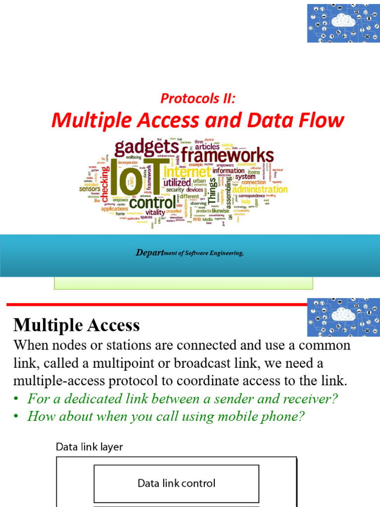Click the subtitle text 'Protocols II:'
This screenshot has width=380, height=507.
[197, 98]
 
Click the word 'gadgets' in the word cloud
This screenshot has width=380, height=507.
[146, 147]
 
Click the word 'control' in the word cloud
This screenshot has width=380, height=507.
[152, 203]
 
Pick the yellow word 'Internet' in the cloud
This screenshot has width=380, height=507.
[187, 172]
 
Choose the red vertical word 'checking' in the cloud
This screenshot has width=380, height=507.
[105, 183]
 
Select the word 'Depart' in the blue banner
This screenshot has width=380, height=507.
[149, 253]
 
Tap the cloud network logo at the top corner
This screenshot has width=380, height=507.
[343, 23]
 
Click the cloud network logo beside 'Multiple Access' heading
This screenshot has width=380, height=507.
[343, 317]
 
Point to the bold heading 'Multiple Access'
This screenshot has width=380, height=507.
[77, 325]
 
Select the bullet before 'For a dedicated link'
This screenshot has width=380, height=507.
[16, 399]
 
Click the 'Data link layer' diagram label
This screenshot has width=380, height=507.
[89, 447]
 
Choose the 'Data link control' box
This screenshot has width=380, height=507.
[176, 483]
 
